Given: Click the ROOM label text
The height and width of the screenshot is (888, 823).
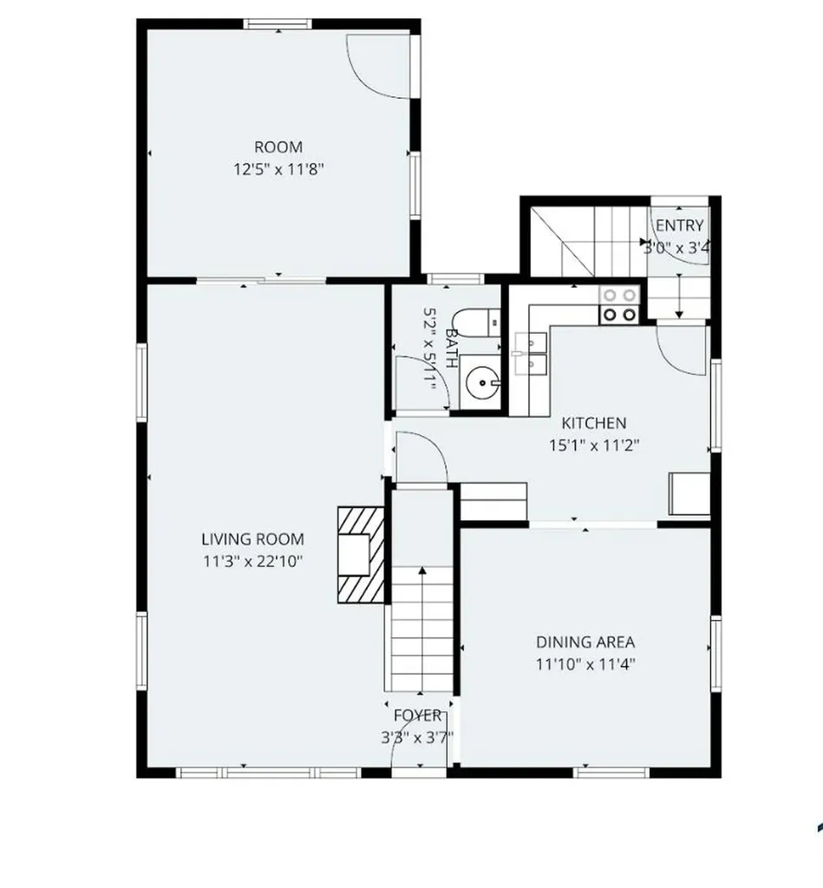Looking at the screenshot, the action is (x=278, y=147).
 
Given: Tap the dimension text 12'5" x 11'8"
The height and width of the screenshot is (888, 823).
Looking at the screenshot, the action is (x=278, y=169).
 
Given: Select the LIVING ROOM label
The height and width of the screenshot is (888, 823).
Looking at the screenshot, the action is (x=252, y=539).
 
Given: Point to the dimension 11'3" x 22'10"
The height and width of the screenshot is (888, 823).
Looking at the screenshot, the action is (x=252, y=561).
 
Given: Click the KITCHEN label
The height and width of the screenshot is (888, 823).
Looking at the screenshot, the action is (x=593, y=423).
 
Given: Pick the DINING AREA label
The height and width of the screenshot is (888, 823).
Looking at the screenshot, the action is (x=585, y=643).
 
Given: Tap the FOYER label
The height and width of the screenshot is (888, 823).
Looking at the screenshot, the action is (x=417, y=715).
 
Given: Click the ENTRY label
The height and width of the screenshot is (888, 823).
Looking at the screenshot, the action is (x=679, y=225).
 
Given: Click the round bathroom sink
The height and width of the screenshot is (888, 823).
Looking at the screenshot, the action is (x=480, y=382).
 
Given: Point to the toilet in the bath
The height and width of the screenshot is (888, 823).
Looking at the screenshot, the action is (x=476, y=323).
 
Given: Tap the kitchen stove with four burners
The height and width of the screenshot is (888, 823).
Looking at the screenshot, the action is (x=619, y=304).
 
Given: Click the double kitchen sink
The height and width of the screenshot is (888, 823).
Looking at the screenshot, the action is (x=532, y=354).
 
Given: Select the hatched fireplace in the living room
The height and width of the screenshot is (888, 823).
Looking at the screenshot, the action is (x=361, y=555).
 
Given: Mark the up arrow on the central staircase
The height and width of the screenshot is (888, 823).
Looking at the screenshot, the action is (x=422, y=629).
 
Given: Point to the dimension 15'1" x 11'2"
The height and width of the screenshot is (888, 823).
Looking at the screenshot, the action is (x=593, y=446).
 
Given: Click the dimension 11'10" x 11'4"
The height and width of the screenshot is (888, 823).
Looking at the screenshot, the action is (x=585, y=664).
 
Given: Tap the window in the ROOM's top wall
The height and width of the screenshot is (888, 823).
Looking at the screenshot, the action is (x=278, y=23).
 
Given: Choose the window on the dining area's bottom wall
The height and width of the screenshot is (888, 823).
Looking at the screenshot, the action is (x=611, y=773).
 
